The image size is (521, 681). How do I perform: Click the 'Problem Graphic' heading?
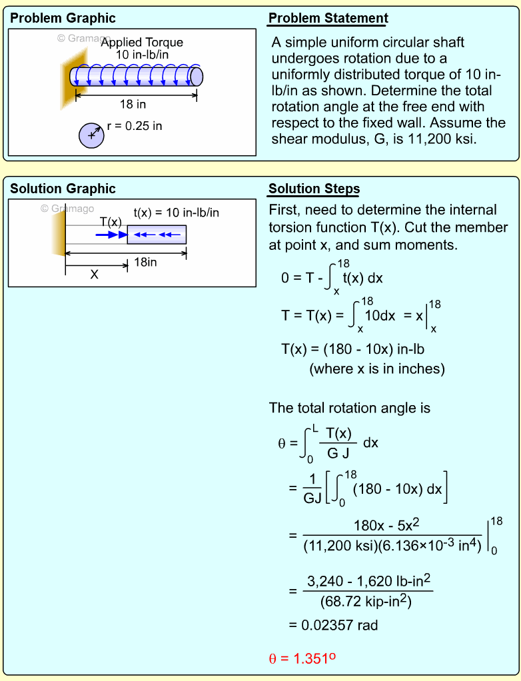tap(63, 18)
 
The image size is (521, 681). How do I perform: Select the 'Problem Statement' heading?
tap(328, 18)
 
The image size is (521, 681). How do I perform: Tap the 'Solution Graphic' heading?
tap(63, 189)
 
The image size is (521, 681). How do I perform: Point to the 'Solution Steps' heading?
tap(314, 189)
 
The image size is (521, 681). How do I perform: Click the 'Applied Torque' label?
tap(142, 43)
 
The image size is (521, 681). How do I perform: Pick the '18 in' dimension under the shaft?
tap(133, 104)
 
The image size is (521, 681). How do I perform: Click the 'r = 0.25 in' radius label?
tap(135, 125)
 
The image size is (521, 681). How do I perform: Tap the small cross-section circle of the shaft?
tap(91, 135)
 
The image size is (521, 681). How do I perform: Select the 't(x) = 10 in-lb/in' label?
tap(176, 213)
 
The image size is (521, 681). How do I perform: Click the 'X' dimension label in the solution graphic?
tap(94, 274)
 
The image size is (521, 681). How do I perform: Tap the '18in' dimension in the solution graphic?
tap(145, 263)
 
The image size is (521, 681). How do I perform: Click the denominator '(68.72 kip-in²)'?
tap(366, 602)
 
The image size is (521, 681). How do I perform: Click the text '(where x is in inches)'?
tap(376, 368)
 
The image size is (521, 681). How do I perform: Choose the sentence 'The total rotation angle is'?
tap(350, 408)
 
